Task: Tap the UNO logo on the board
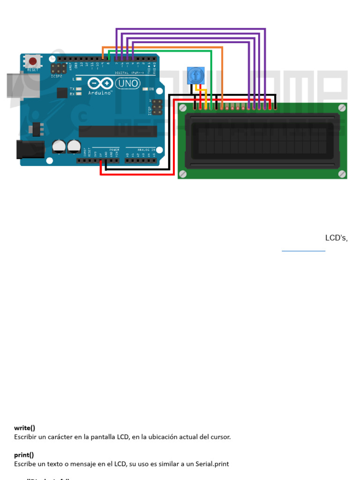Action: pos(127,83)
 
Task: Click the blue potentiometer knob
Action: pos(195,75)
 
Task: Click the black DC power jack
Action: pos(29,149)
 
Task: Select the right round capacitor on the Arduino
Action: pos(74,146)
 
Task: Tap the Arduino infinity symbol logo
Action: pos(100,84)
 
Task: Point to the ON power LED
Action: pos(145,89)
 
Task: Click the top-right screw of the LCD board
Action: pos(342,108)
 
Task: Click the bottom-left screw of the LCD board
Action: pos(183,174)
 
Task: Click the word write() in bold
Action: pos(24,427)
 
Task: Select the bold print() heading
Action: pos(24,455)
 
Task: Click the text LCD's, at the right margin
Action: pos(336,238)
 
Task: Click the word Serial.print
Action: pos(213,464)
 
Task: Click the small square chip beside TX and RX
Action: pos(62,92)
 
